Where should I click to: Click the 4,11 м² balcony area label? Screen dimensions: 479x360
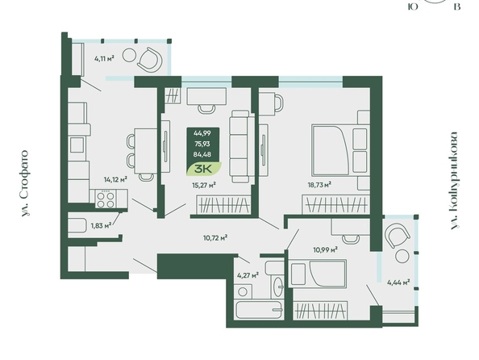104,58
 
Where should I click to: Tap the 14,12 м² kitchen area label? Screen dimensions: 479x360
115,179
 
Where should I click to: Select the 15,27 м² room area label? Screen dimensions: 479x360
204,185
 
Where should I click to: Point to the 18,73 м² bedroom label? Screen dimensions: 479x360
319,184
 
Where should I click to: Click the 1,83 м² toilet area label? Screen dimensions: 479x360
101,226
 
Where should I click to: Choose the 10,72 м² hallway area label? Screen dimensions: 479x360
215,237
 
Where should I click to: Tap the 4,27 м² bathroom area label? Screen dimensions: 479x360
248,275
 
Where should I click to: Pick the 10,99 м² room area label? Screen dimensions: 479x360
325,250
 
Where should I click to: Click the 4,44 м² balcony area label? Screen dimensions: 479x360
398,283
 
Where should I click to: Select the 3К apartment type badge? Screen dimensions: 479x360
204,169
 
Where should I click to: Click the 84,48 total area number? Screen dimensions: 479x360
202,154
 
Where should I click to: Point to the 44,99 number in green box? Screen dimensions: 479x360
202,133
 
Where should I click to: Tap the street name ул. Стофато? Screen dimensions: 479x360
25,183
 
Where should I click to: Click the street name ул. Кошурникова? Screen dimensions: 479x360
454,181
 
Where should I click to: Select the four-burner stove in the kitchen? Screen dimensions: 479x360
106,199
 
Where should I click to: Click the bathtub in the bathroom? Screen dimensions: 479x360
259,309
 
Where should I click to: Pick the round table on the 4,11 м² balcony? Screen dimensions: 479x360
129,55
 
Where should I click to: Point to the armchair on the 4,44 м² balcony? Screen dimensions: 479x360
397,235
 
